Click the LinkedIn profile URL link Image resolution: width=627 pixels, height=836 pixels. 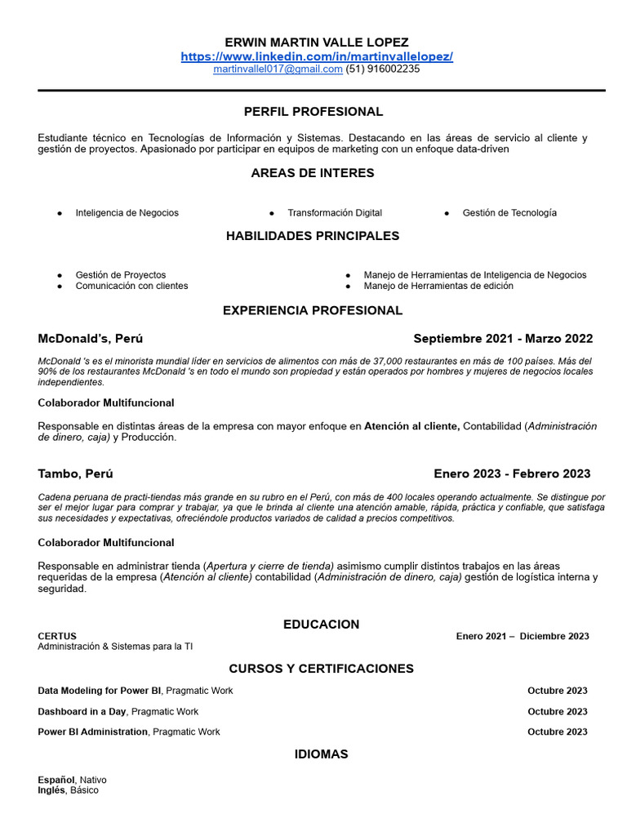coord(317,56)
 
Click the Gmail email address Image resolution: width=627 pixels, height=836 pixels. coord(278,69)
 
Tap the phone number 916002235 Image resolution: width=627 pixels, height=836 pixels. coord(384,69)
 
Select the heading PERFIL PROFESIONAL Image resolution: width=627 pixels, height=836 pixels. coord(313,111)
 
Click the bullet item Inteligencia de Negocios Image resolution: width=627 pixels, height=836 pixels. coord(127,213)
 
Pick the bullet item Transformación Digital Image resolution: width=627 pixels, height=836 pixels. coord(334,213)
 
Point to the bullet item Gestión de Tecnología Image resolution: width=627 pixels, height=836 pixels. coord(509,213)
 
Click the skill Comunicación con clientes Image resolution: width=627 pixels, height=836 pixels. coord(131,287)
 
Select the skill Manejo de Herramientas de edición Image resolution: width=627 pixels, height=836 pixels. coord(438,287)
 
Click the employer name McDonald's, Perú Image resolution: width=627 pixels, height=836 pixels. coord(90,339)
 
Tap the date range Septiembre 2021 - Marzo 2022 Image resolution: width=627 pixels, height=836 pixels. coord(503,339)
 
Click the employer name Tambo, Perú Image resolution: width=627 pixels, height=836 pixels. coord(75,474)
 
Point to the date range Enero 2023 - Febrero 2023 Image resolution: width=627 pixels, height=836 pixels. coord(512,474)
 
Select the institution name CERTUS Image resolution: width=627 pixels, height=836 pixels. coord(57,636)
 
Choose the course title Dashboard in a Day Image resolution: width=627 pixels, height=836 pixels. coord(82,712)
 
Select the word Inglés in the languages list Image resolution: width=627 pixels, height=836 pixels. coord(51,790)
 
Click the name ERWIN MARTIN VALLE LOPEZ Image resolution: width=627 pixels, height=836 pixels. coord(317,42)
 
